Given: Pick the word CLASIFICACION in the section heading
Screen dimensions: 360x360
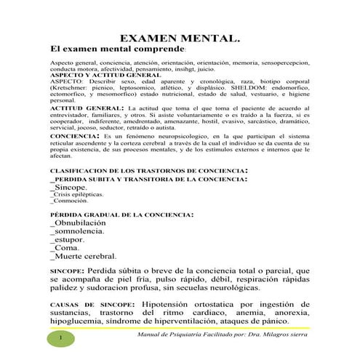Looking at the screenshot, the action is click(73, 172).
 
